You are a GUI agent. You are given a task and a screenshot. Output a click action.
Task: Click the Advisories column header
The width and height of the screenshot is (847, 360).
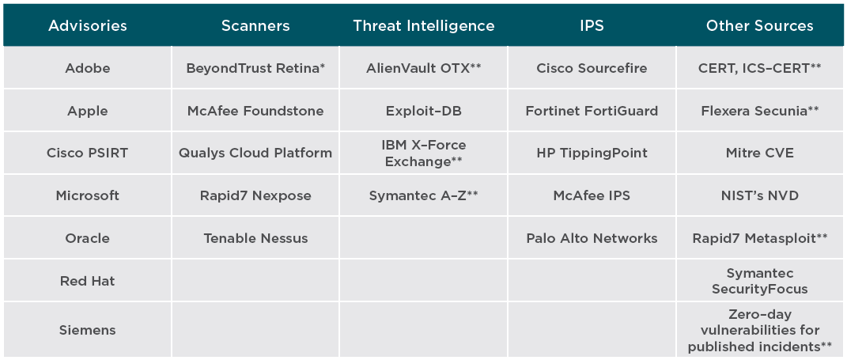(x=88, y=26)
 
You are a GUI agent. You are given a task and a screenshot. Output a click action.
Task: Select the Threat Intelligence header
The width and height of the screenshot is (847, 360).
(x=424, y=26)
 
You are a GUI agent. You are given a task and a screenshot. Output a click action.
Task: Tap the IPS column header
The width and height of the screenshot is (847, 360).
(x=592, y=26)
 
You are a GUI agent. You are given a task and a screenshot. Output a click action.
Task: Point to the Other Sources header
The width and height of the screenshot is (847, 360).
(x=759, y=26)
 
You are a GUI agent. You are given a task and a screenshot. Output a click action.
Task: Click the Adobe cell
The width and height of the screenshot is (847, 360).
(x=88, y=68)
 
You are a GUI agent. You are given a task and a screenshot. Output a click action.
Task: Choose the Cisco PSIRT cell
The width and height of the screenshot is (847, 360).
(x=88, y=153)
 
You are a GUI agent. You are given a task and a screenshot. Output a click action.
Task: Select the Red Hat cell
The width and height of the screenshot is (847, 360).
(x=88, y=281)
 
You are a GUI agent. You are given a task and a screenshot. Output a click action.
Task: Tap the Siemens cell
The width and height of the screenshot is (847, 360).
(x=88, y=330)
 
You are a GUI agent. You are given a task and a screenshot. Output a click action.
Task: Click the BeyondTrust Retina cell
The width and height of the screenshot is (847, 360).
(x=255, y=68)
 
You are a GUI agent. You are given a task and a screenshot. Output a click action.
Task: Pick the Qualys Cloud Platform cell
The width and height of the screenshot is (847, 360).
(x=255, y=153)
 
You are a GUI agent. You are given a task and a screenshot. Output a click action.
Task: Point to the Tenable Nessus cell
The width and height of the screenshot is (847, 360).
(x=255, y=238)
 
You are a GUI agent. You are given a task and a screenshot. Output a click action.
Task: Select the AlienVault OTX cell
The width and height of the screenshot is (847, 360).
(x=424, y=68)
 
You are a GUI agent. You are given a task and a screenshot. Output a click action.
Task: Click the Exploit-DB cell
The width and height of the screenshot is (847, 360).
(x=424, y=111)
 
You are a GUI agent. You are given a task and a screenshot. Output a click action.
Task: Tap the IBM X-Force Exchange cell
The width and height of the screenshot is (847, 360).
(x=424, y=153)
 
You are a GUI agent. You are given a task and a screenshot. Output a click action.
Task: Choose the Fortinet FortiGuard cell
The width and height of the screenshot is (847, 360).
(x=592, y=111)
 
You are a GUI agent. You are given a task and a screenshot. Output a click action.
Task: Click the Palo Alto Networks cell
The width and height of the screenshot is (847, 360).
(x=592, y=238)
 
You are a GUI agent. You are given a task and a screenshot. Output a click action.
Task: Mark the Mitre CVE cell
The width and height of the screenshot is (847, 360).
(x=759, y=153)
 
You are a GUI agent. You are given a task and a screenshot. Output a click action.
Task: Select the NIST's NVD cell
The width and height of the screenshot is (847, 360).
(x=759, y=195)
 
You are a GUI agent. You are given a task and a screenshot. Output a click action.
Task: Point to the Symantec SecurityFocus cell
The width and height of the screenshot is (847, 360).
(x=759, y=281)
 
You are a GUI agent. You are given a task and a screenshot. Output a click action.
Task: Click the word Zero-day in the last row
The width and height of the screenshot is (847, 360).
(x=759, y=315)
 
